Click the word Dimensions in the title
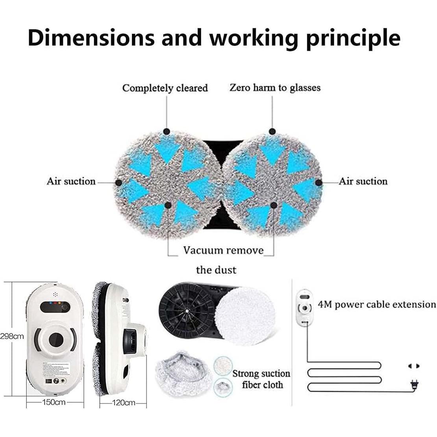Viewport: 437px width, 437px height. tap(91, 38)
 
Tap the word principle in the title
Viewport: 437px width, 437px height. tap(353, 38)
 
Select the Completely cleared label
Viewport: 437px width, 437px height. tap(165, 88)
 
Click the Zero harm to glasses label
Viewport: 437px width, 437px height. tap(275, 87)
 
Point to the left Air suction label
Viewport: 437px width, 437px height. tap(71, 181)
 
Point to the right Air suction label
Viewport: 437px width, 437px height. tap(363, 181)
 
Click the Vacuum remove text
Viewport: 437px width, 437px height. tap(223, 250)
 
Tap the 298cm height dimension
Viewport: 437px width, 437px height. tap(12, 336)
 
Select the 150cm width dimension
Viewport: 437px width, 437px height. tap(54, 402)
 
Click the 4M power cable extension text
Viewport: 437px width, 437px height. tap(377, 304)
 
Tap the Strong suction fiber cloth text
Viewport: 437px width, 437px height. tap(261, 379)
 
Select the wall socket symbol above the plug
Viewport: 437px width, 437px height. tap(413, 366)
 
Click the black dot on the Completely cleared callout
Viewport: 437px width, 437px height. tap(167, 131)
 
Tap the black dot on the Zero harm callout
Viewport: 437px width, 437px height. tap(272, 131)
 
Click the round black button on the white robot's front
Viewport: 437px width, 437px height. tap(56, 338)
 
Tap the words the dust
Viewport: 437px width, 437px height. tap(216, 270)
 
